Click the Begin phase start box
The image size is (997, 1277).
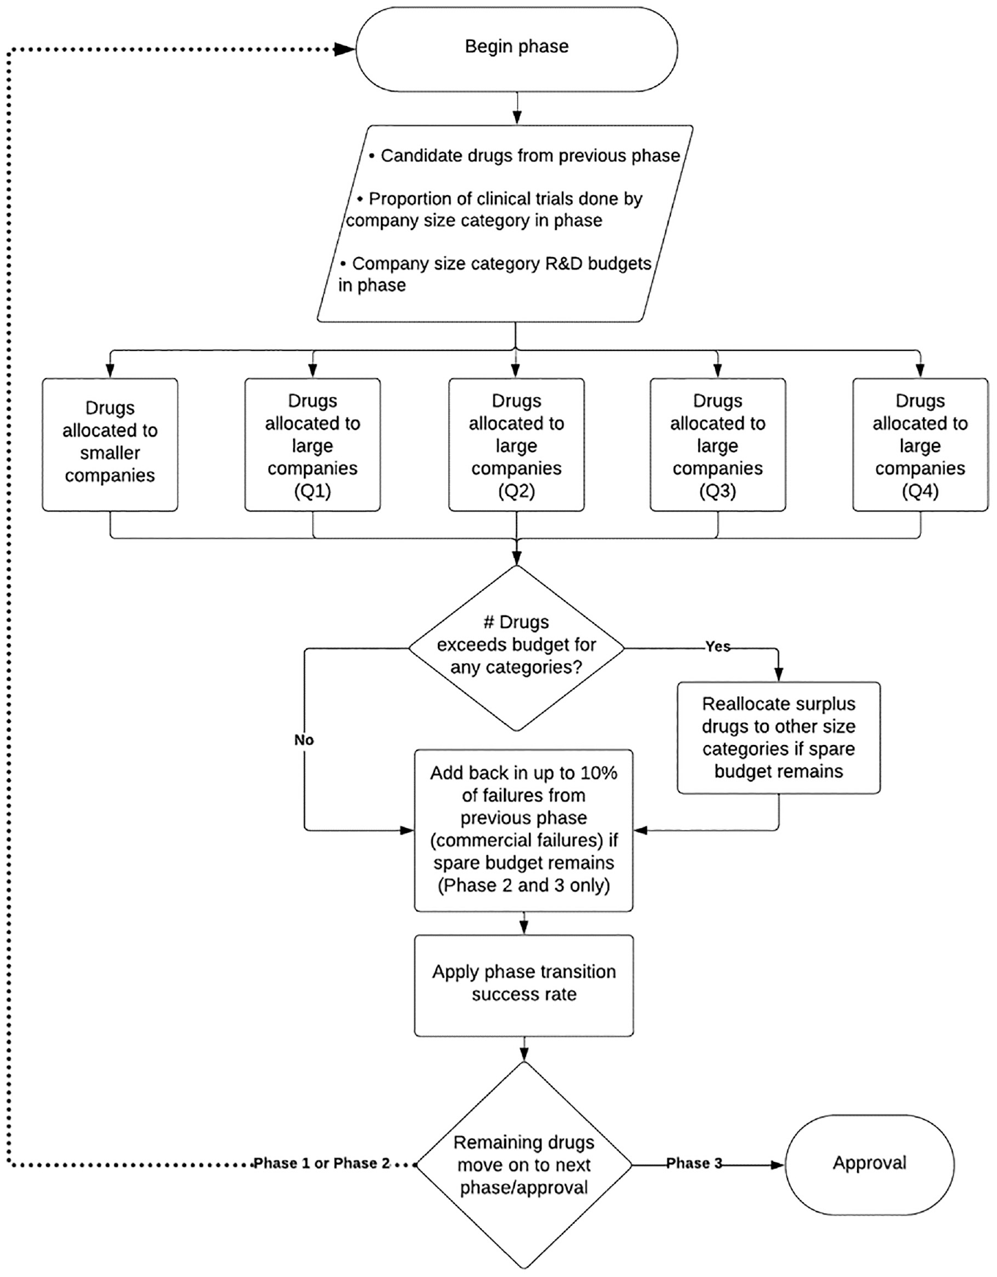point(516,49)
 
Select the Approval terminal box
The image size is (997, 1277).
point(870,1164)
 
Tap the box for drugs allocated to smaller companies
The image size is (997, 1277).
point(110,445)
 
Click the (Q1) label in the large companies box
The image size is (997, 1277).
point(313,491)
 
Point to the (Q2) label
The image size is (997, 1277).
point(516,491)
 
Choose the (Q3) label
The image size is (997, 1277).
point(718,491)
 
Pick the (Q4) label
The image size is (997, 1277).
point(920,491)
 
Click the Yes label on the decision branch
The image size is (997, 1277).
point(718,647)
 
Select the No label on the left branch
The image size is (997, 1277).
point(304,740)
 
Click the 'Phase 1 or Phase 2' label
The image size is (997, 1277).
point(322,1163)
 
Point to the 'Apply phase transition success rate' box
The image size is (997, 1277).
point(524,985)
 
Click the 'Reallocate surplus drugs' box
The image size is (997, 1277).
point(779,738)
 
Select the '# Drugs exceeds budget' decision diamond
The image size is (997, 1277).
point(516,648)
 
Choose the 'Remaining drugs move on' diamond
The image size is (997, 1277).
point(524,1165)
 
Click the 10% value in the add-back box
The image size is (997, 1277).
point(599,773)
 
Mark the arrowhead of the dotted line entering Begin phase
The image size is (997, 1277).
point(345,50)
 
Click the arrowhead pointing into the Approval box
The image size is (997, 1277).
point(777,1164)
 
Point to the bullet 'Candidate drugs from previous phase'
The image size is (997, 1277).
point(525,156)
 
